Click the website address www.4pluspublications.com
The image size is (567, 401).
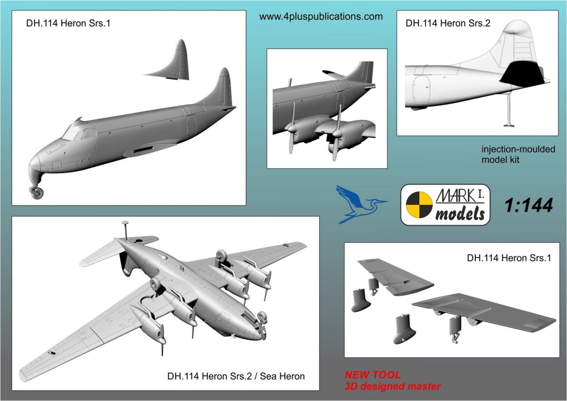pos(321,17)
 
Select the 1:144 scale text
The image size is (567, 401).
pos(528,205)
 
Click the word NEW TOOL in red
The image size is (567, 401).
pos(373,375)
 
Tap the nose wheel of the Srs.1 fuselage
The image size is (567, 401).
pos(36,192)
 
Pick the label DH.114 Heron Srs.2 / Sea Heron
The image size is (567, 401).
pos(236,376)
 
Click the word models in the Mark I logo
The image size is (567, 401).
pos(459,214)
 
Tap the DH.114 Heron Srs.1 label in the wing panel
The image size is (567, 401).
pos(507,258)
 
